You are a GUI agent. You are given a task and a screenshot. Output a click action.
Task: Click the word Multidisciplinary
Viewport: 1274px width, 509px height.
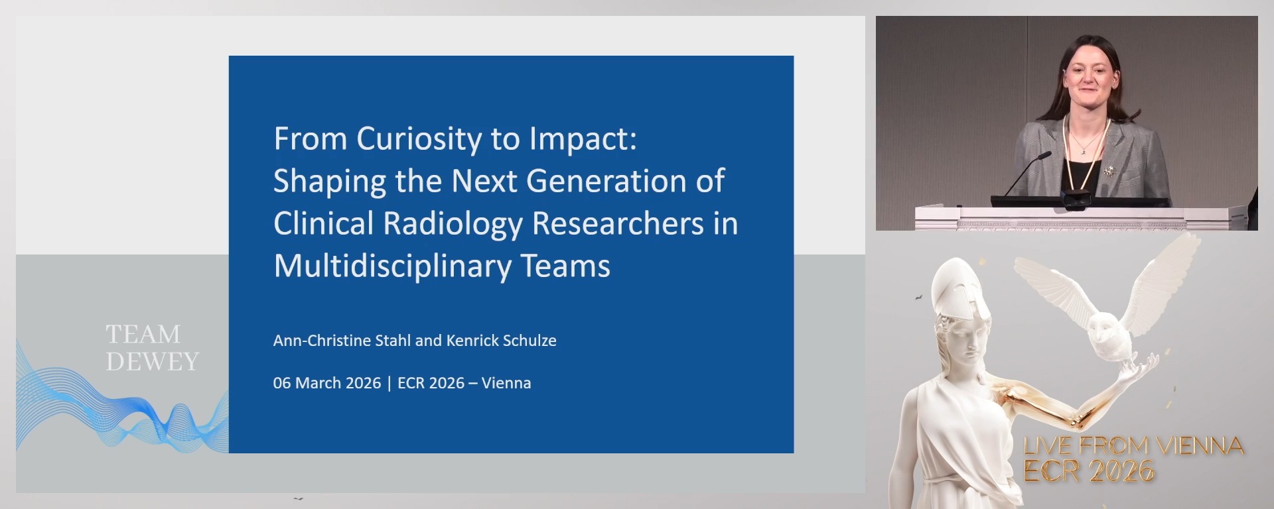[x=392, y=266]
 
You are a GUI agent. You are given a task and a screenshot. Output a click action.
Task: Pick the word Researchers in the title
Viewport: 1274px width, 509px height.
[x=618, y=223]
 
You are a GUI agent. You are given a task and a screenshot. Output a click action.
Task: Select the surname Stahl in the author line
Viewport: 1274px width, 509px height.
[x=392, y=341]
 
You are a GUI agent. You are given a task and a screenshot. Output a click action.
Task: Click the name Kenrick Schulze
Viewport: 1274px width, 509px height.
[x=501, y=341]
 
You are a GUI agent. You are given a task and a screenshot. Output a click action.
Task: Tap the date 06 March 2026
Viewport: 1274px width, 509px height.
[x=326, y=383]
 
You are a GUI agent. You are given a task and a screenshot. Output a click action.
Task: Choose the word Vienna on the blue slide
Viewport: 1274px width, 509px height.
[x=506, y=383]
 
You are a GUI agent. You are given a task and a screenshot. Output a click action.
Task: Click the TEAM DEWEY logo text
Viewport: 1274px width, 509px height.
[x=152, y=347]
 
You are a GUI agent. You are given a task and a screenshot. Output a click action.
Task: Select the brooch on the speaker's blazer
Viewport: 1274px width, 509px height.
[x=1109, y=171]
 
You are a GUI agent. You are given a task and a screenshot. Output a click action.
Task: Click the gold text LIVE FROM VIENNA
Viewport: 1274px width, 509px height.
[x=1133, y=446]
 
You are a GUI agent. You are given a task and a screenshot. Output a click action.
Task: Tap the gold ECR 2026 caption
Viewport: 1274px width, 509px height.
[x=1089, y=471]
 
